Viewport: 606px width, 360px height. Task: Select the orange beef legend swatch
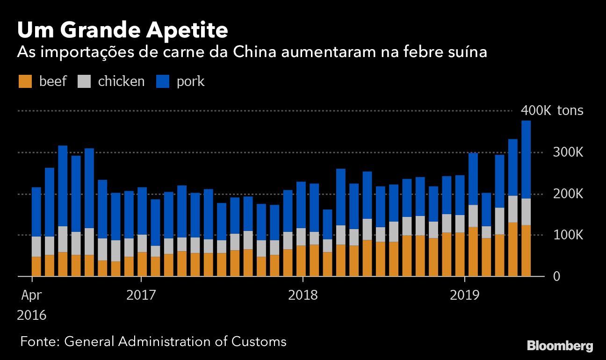click(x=25, y=81)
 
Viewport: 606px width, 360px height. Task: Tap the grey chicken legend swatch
click(x=84, y=81)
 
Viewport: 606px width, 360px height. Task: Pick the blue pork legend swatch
click(x=163, y=81)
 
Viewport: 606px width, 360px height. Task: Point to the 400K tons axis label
click(x=552, y=111)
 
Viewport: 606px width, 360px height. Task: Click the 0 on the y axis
click(x=556, y=276)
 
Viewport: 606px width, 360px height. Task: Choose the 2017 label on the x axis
click(x=141, y=295)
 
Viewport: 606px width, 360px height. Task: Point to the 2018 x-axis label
click(x=303, y=295)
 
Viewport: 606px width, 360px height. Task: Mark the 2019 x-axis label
click(x=465, y=295)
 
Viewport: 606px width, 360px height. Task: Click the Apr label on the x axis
click(x=31, y=295)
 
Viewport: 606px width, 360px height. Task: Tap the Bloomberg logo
click(x=560, y=346)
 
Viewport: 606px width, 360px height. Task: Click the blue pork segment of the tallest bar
click(x=526, y=159)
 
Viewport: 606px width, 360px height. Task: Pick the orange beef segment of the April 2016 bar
click(x=36, y=266)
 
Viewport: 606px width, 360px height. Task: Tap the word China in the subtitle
click(x=249, y=52)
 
